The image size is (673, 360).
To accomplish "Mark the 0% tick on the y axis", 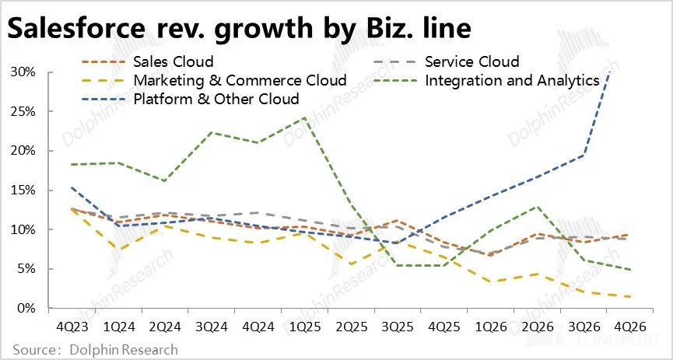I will click(28, 309).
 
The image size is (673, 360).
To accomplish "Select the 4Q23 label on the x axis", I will click(72, 327).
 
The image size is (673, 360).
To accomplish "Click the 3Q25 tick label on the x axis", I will click(397, 327).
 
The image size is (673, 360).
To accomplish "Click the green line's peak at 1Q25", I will click(303, 117).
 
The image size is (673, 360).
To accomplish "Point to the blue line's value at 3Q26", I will click(584, 155).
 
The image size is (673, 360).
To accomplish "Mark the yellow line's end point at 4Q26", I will click(629, 296).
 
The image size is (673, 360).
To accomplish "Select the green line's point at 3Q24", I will click(212, 132).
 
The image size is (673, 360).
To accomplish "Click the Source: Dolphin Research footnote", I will click(94, 350).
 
